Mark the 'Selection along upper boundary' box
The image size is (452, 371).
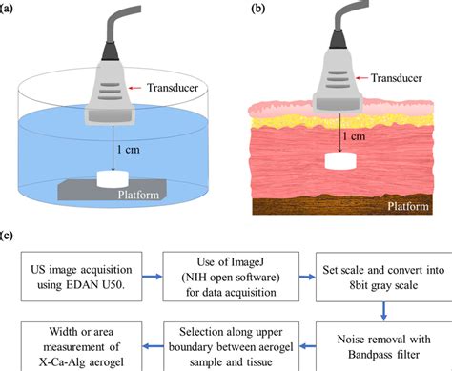(x=222, y=337)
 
